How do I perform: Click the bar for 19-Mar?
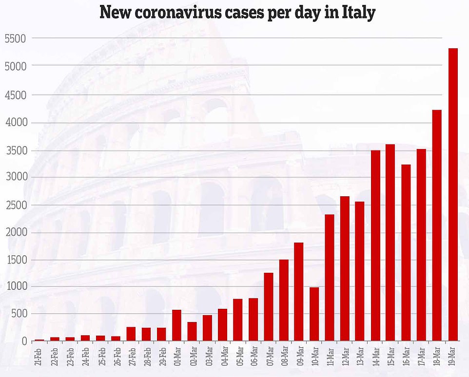click(x=453, y=195)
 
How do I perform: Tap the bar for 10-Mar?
click(x=314, y=314)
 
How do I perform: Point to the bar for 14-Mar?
click(x=375, y=246)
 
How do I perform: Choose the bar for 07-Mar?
click(x=269, y=307)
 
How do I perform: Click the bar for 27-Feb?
click(x=131, y=334)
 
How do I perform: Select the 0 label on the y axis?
click(x=22, y=341)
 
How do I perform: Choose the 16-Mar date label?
click(x=407, y=358)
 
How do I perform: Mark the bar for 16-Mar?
click(x=406, y=253)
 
